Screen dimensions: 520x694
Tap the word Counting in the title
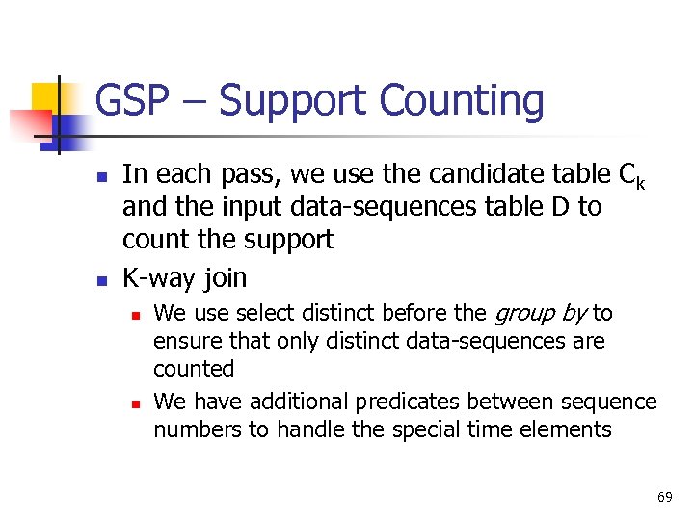(462, 101)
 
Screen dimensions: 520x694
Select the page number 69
(664, 497)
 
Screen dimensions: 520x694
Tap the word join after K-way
(225, 278)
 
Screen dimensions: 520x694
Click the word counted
(194, 369)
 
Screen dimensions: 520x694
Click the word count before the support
(156, 239)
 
